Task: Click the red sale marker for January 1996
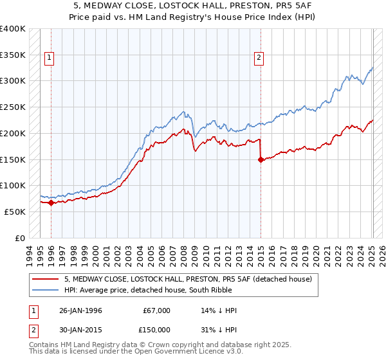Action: point(51,203)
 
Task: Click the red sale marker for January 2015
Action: point(261,160)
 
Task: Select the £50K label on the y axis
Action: point(15,212)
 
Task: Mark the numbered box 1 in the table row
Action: point(32,310)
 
